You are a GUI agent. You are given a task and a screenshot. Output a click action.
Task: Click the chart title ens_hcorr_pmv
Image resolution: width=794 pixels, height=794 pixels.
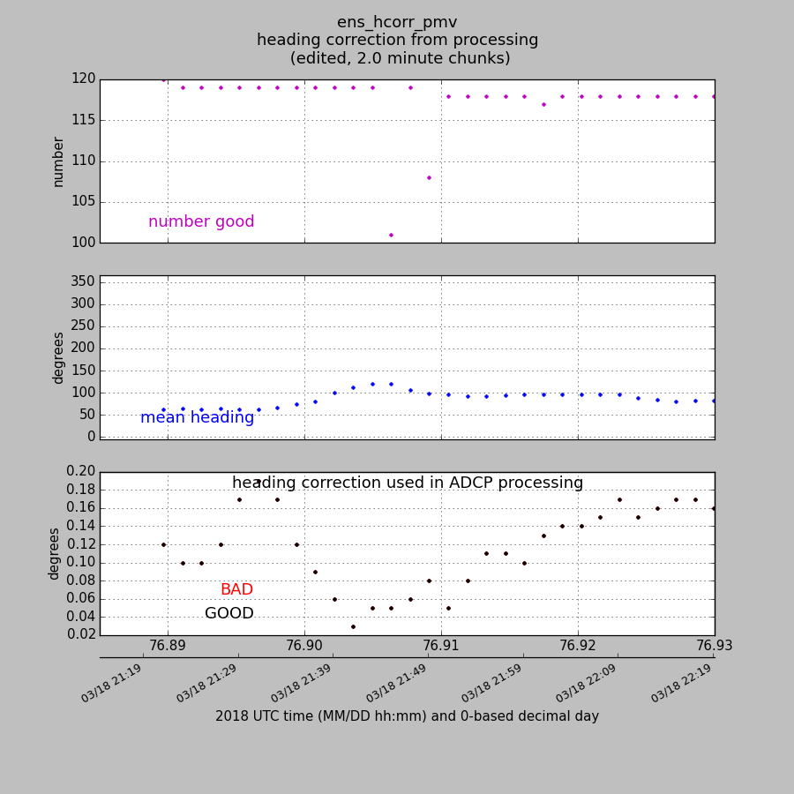[397, 23]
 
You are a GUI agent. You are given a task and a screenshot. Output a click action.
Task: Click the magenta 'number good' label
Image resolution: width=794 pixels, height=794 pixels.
[201, 222]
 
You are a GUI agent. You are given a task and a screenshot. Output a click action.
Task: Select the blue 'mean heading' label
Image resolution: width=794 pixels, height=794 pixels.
[197, 418]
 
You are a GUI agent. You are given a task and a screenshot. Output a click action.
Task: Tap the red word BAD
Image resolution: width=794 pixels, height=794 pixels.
[236, 590]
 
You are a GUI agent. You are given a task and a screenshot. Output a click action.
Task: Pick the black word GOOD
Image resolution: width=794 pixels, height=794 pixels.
[229, 614]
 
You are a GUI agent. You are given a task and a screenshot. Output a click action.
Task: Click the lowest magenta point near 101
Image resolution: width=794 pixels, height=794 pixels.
[391, 235]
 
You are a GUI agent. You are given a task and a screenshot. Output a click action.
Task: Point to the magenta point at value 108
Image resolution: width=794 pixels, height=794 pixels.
[429, 177]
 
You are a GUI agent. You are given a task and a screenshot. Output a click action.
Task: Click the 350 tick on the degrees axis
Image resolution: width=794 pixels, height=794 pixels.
[84, 282]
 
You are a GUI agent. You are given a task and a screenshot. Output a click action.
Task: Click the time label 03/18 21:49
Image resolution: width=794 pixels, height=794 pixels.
[397, 684]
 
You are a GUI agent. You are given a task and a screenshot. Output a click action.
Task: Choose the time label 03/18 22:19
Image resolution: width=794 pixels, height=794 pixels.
[681, 684]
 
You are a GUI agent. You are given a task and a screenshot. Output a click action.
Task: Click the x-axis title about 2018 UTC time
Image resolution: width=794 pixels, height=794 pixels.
[407, 716]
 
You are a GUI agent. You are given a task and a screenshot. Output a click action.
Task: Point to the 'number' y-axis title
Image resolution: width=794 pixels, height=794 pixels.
[59, 161]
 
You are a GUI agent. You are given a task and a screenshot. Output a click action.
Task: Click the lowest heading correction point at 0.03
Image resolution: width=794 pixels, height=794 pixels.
[353, 626]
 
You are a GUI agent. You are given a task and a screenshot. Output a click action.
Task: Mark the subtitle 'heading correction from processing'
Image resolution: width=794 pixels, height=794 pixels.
[397, 41]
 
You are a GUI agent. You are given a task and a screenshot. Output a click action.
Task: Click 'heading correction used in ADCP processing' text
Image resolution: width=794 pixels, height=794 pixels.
[408, 483]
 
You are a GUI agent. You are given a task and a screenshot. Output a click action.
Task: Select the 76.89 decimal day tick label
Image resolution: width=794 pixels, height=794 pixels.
[168, 646]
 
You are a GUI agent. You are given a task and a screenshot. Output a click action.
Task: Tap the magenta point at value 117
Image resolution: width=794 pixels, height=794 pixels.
[543, 104]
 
